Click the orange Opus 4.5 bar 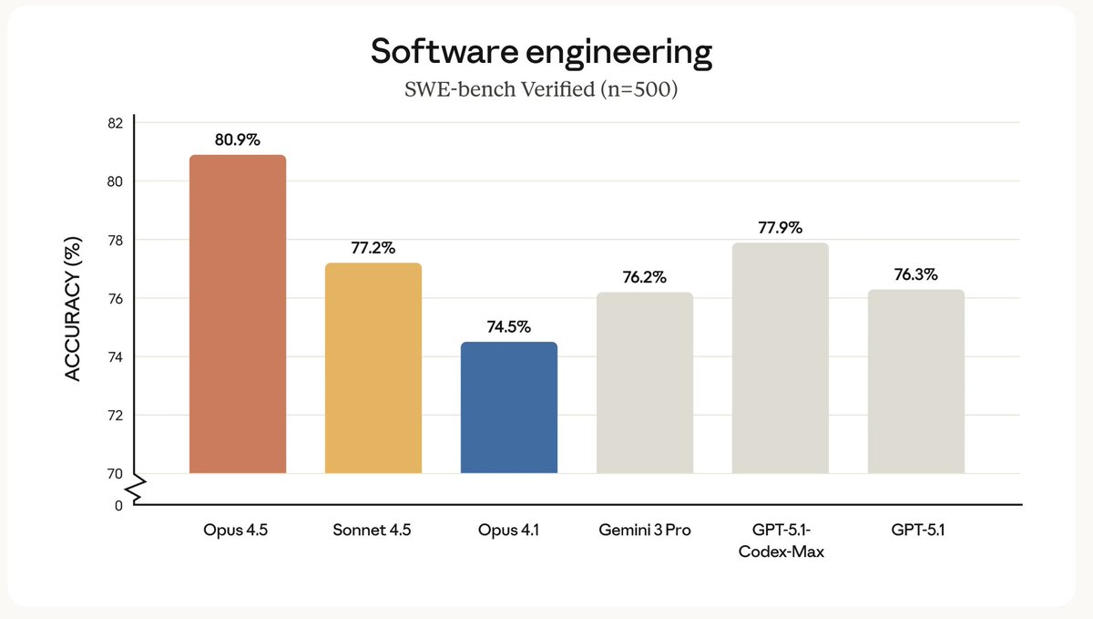tap(237, 315)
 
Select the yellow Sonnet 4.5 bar tap(373, 368)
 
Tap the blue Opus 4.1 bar tap(508, 408)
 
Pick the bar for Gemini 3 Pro tap(644, 383)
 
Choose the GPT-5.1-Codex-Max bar tap(780, 358)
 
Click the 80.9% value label tap(237, 140)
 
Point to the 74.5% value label tap(508, 326)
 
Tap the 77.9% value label tap(780, 228)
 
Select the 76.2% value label tap(644, 277)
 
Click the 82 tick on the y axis tap(115, 123)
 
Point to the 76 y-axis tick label tap(115, 298)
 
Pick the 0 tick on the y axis tap(118, 505)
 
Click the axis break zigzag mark tap(135, 490)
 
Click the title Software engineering tap(541, 53)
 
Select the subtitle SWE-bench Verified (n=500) tap(541, 91)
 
